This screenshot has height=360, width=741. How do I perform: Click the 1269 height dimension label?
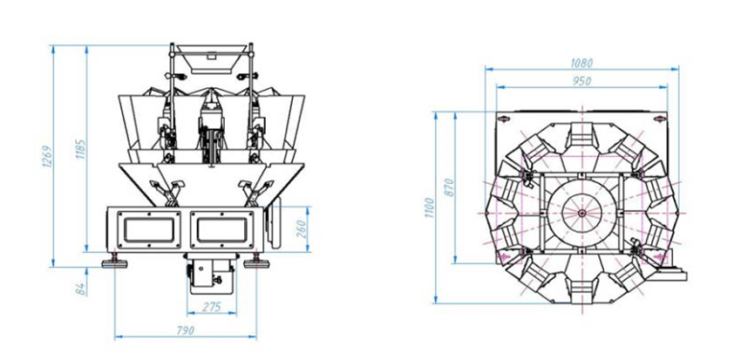[48, 156]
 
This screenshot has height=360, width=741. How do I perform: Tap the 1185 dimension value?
[81, 149]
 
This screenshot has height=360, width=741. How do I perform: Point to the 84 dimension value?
[81, 289]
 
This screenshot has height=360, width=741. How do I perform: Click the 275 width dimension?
[211, 307]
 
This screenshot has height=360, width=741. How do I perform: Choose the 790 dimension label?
[184, 330]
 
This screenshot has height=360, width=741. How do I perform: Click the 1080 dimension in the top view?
[581, 63]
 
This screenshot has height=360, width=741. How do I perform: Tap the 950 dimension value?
[581, 81]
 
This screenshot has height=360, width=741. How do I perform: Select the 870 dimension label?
[449, 187]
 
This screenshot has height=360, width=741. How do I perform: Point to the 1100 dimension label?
[429, 207]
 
